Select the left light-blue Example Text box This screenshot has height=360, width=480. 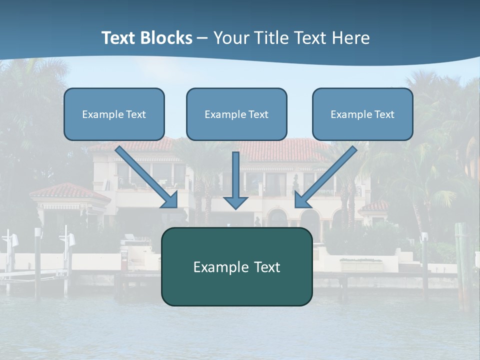(x=114, y=114)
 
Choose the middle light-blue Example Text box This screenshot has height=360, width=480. (x=236, y=114)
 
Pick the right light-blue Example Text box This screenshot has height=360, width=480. (x=362, y=114)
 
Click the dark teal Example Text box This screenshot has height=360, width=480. (x=236, y=266)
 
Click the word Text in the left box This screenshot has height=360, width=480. (x=136, y=114)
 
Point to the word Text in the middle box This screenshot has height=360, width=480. (x=258, y=114)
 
